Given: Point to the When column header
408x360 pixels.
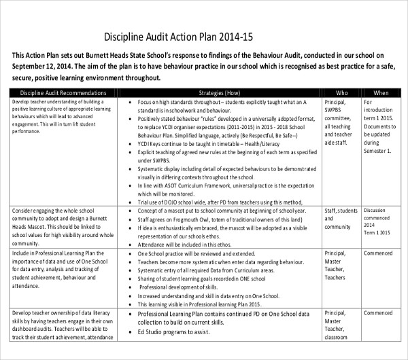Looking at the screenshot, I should coord(381,92).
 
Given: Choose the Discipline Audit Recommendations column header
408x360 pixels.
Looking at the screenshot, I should coord(59,92).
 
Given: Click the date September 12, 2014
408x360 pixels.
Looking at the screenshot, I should coord(41,67).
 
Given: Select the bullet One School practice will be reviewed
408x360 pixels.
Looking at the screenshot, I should coord(195,253).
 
